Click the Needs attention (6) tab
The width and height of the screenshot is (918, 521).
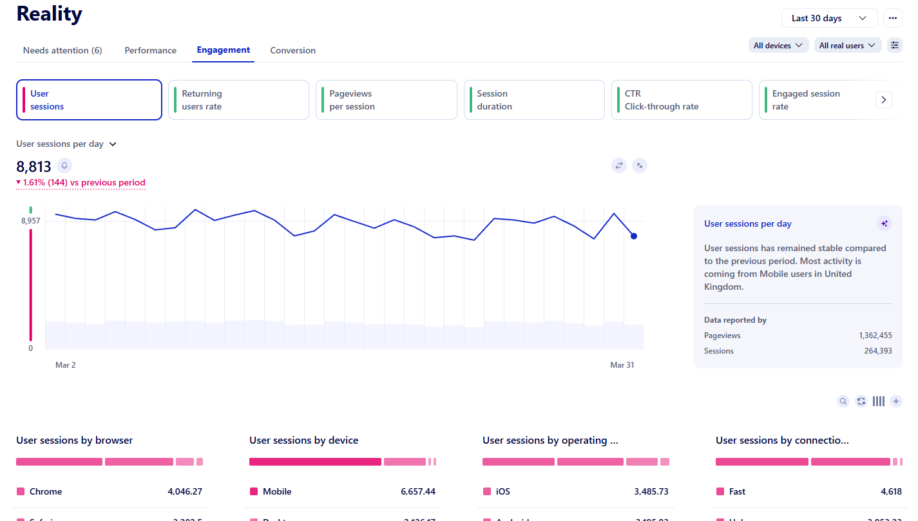62,50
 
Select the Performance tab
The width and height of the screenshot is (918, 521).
150,50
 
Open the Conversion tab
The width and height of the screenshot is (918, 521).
292,50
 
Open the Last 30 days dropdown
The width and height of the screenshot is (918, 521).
828,18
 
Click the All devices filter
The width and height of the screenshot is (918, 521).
778,45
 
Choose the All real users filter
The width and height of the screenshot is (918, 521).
847,45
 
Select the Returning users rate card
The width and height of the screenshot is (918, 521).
238,100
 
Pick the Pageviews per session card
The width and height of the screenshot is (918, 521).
386,100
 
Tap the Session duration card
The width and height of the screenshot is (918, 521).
533,100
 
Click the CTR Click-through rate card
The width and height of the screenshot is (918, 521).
681,100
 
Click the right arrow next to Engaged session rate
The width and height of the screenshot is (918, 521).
883,100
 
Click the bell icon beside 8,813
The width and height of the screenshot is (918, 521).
64,166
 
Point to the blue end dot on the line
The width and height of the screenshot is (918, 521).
634,236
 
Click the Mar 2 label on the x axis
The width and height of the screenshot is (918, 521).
66,365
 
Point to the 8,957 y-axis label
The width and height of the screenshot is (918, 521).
31,221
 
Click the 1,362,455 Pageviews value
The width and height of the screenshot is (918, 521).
875,336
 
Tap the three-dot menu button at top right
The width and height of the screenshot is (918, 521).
892,18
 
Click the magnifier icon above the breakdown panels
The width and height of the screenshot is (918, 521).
843,401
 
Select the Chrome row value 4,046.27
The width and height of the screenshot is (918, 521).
184,491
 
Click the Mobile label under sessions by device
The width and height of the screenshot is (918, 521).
277,491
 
